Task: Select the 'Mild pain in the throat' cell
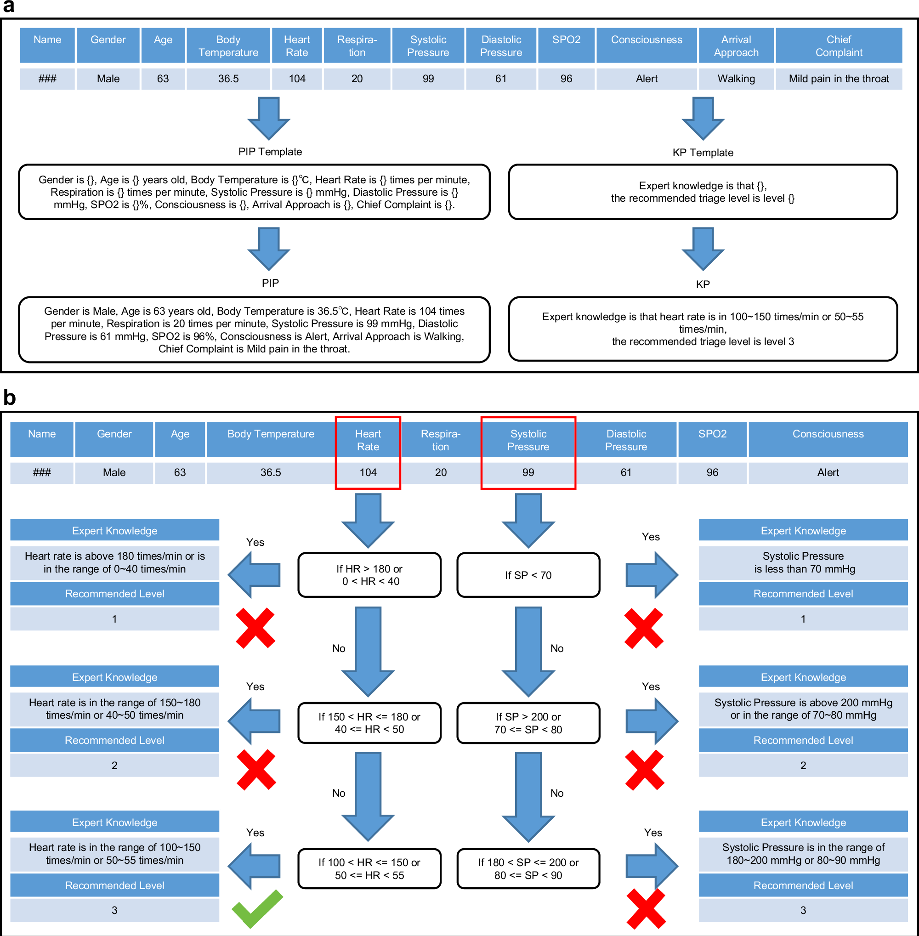tap(839, 79)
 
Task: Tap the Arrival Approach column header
tap(736, 46)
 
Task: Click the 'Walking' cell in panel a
tap(736, 79)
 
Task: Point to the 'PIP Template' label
tap(270, 152)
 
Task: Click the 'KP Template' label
tap(702, 153)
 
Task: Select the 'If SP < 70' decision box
tap(528, 575)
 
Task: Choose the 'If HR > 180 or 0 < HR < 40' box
tap(369, 575)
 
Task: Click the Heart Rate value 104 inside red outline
tap(368, 472)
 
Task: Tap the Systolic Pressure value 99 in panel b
tap(528, 472)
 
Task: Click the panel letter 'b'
tap(9, 398)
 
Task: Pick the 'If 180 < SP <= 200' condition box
tap(528, 868)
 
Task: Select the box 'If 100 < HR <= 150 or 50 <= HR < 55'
tap(369, 868)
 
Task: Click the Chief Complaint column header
tap(839, 46)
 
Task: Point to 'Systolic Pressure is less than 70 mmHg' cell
tap(803, 562)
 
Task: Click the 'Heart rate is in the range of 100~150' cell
tap(114, 853)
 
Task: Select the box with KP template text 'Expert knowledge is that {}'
tap(702, 192)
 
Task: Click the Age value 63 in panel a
tap(163, 79)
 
